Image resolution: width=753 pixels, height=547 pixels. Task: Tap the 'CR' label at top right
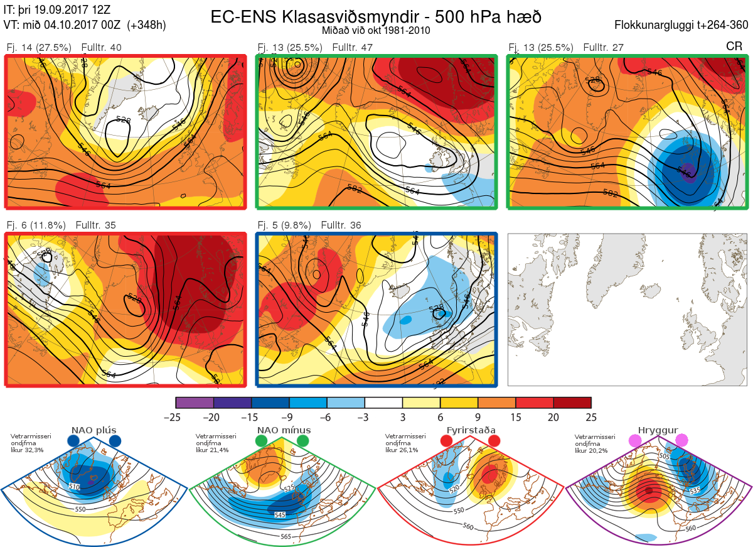734,46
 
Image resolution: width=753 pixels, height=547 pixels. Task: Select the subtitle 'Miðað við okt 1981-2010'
376,31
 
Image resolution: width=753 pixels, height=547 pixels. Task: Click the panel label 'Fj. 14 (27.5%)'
38,48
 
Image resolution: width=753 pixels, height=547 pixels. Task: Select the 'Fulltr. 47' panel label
351,48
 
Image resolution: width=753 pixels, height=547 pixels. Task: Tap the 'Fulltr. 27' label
602,48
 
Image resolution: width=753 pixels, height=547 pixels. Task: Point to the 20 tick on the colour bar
553,417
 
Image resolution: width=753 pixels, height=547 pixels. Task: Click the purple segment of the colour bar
195,403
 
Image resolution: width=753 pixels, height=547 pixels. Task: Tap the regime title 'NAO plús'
93,430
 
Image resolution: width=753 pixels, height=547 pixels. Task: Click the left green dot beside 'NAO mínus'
262,441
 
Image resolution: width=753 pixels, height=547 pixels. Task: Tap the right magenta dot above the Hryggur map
682,441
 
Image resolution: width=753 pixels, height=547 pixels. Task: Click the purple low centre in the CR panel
689,175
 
